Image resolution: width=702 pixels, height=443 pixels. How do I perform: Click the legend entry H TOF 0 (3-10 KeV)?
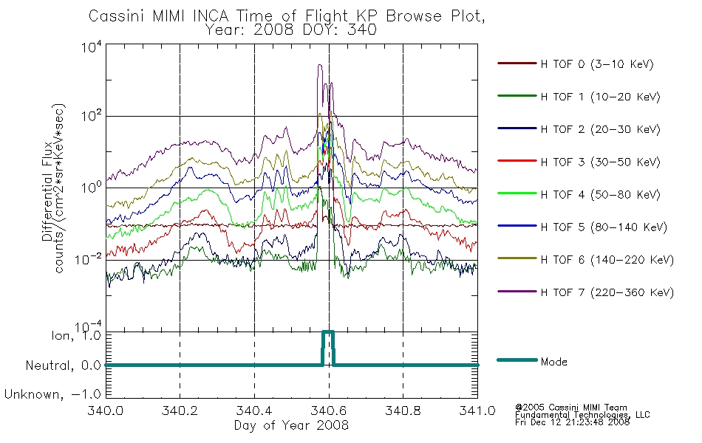click(597, 64)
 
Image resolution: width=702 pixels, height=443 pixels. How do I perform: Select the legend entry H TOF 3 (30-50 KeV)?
click(600, 162)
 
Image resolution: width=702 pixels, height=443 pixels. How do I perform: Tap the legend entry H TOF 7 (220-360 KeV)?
click(607, 292)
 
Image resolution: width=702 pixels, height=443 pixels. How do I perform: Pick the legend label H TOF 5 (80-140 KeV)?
click(604, 227)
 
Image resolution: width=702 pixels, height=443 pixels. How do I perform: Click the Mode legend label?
click(553, 362)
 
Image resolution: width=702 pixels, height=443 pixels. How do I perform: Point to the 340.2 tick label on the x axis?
click(180, 411)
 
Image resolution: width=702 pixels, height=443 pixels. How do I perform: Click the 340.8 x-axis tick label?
click(403, 411)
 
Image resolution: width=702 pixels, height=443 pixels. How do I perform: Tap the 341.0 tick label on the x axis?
click(477, 411)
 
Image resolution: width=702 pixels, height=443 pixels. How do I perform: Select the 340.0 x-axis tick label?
click(105, 411)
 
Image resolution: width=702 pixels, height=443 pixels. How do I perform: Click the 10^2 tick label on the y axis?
click(92, 115)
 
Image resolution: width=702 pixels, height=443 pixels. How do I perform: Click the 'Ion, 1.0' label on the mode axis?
click(75, 335)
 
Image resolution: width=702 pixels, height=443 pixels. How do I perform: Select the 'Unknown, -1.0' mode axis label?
click(52, 394)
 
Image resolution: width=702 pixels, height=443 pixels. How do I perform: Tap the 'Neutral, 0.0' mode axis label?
click(63, 365)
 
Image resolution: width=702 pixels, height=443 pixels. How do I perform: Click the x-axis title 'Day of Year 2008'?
click(291, 425)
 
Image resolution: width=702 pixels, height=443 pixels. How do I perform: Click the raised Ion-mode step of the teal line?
click(328, 332)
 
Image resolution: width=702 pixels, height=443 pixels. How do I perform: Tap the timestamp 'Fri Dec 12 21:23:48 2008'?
click(572, 422)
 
